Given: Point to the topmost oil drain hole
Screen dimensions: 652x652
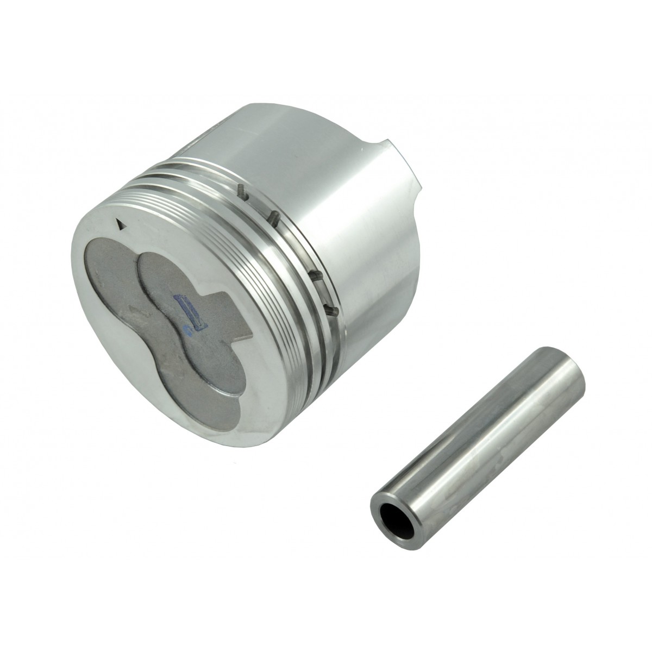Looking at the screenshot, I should coord(240,191).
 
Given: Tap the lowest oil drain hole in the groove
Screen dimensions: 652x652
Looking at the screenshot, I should coord(333,310).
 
